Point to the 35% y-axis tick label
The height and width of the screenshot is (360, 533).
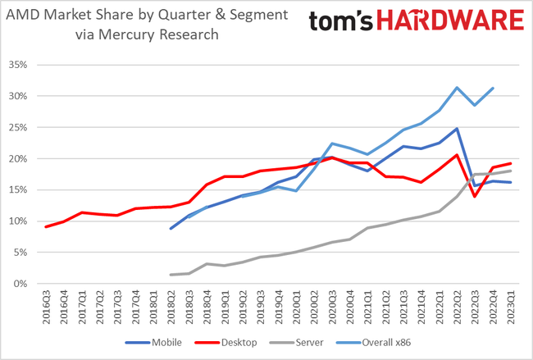[18, 65]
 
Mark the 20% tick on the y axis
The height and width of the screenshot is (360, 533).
[18, 158]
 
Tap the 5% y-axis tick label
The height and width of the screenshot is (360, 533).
[21, 253]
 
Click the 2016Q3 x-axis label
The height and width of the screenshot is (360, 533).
[48, 307]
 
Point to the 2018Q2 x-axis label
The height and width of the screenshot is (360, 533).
[171, 307]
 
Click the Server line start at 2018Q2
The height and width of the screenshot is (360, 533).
[171, 275]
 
